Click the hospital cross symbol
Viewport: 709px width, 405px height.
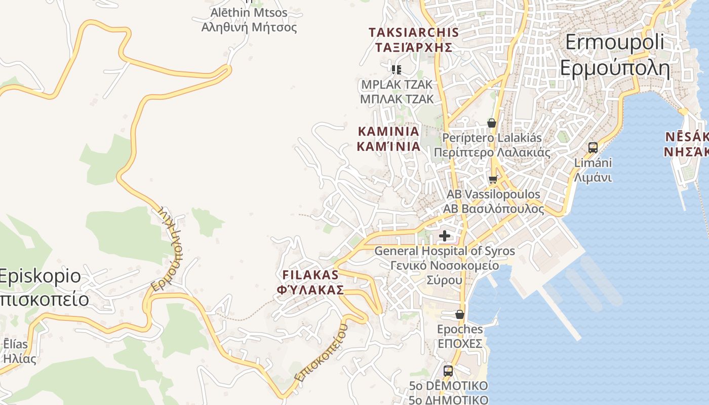pos(445,235)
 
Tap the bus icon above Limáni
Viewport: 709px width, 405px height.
pos(593,148)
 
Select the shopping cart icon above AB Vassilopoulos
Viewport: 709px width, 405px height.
pos(493,179)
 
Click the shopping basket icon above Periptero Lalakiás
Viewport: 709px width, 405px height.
pos(491,123)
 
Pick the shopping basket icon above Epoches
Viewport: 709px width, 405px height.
pos(459,314)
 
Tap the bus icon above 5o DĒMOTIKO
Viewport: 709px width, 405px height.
pos(448,371)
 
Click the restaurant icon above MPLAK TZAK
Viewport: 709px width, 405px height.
pos(397,69)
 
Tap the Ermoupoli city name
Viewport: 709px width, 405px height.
pos(614,42)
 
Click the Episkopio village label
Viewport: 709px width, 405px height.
pos(41,276)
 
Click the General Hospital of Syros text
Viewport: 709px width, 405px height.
pos(444,251)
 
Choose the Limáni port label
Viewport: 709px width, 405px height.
pos(593,163)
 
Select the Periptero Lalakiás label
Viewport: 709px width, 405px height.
pos(492,138)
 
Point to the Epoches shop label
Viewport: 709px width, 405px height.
pos(460,329)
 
